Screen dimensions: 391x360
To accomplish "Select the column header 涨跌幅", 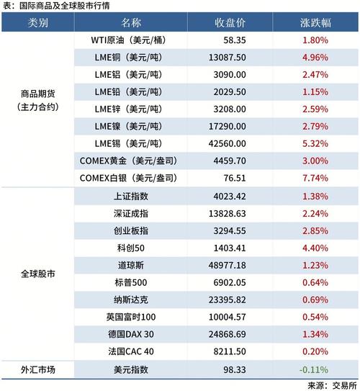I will pyautogui.click(x=315, y=22).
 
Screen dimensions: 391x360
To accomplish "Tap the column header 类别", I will pyautogui.click(x=38, y=22).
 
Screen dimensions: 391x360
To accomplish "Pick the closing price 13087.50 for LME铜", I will pyautogui.click(x=231, y=58).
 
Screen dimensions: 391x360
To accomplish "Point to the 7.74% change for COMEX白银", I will pyautogui.click(x=315, y=177).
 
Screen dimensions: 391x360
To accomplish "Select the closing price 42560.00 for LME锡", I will pyautogui.click(x=231, y=143).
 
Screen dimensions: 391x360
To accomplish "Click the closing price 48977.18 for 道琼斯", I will pyautogui.click(x=231, y=264).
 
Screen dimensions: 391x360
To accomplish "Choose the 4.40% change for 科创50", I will pyautogui.click(x=315, y=247).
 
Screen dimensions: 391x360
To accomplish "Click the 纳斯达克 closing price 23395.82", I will pyautogui.click(x=231, y=299).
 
